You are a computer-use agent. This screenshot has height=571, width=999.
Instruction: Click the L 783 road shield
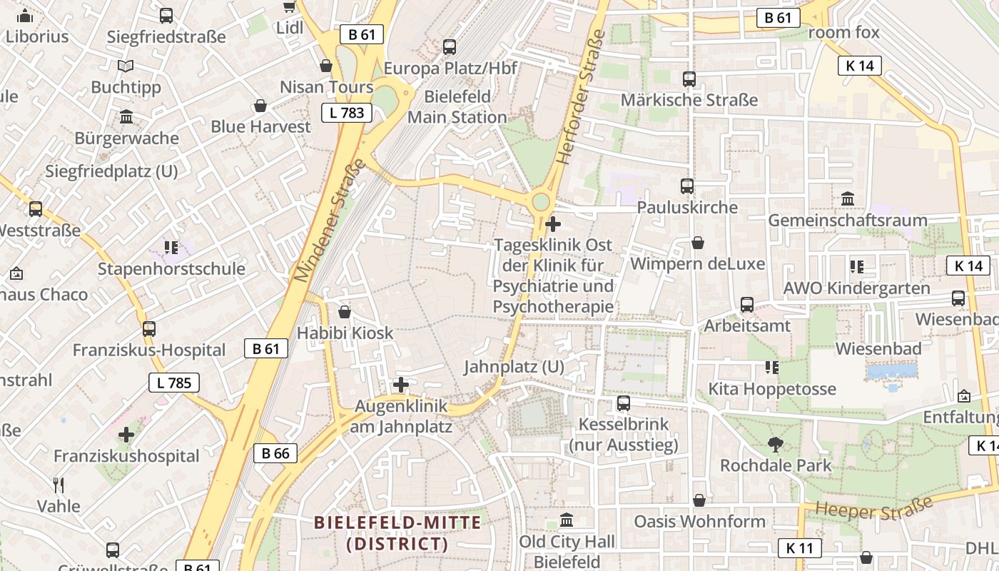(x=347, y=113)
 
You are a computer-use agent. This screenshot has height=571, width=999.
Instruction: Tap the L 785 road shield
(x=174, y=383)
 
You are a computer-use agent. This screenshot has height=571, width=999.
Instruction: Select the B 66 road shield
(x=275, y=453)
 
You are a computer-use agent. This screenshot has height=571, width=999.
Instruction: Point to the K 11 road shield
(x=799, y=548)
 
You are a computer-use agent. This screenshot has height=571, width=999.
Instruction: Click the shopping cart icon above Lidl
(x=289, y=7)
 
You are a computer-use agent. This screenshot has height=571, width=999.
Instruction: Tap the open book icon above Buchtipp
(x=126, y=66)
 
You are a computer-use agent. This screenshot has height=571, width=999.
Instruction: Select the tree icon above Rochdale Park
(x=775, y=445)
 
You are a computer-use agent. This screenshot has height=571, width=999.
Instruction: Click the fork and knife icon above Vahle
(x=59, y=485)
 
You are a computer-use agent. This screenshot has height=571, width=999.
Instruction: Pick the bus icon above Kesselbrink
(x=623, y=403)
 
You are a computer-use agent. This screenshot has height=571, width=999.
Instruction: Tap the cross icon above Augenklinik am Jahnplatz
(x=401, y=385)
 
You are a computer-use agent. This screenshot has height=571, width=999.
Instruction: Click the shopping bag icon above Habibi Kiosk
(x=345, y=312)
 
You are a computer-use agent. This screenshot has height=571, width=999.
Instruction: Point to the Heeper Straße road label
(x=873, y=507)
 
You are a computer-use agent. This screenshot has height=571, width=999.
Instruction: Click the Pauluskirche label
(x=686, y=208)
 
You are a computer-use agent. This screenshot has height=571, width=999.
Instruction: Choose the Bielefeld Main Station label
(x=457, y=107)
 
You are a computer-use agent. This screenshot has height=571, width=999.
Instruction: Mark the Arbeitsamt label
(x=747, y=326)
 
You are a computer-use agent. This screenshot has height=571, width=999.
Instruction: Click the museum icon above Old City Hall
(x=567, y=520)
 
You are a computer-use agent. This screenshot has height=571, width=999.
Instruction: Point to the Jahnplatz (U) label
(x=514, y=368)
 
